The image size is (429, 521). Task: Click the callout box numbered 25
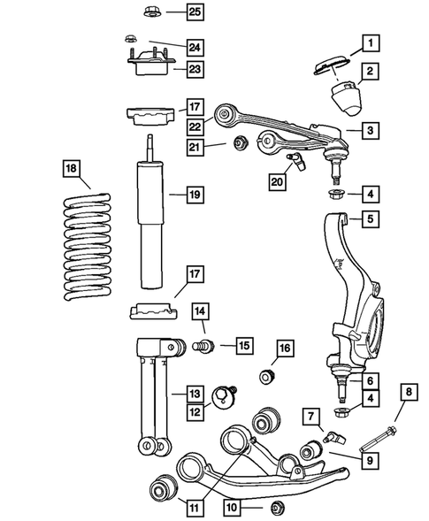(x=194, y=11)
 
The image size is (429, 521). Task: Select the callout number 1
(x=370, y=40)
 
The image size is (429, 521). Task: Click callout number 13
(x=195, y=393)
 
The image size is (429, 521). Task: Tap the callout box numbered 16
(x=283, y=350)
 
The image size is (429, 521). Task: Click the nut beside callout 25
(x=149, y=12)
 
